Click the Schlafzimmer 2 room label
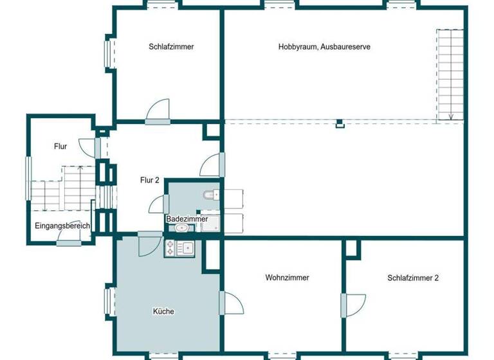413,278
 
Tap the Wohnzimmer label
287,278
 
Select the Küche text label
163,311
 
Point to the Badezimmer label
187,219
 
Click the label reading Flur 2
149,181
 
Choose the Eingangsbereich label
62,226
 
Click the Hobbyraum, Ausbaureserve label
324,47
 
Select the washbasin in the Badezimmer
183,228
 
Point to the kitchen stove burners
170,248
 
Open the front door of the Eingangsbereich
68,238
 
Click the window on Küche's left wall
109,302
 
